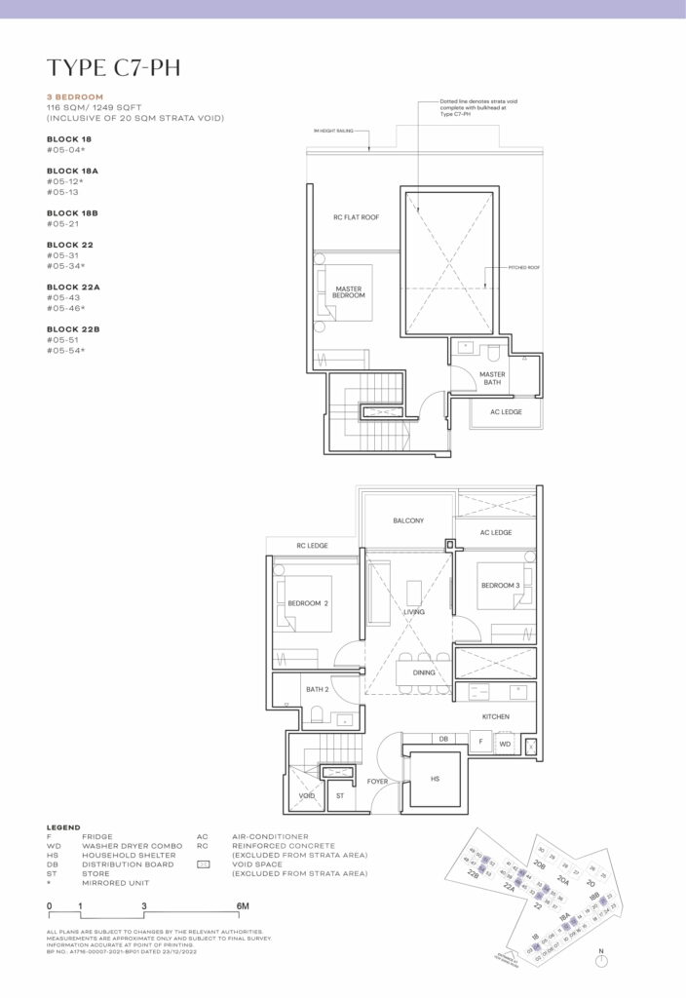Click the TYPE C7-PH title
click(x=113, y=67)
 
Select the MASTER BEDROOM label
click(x=349, y=291)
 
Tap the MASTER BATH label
click(x=492, y=377)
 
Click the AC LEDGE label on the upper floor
click(x=506, y=411)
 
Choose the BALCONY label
click(x=408, y=520)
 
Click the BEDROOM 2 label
click(x=307, y=603)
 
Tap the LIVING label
click(x=414, y=613)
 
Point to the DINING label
click(x=423, y=672)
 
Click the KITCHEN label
click(x=496, y=716)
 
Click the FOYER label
click(x=378, y=782)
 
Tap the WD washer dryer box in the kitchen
click(x=504, y=744)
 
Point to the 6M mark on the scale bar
click(x=242, y=906)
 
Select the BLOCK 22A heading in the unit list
click(x=74, y=287)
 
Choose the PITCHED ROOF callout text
click(x=523, y=266)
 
